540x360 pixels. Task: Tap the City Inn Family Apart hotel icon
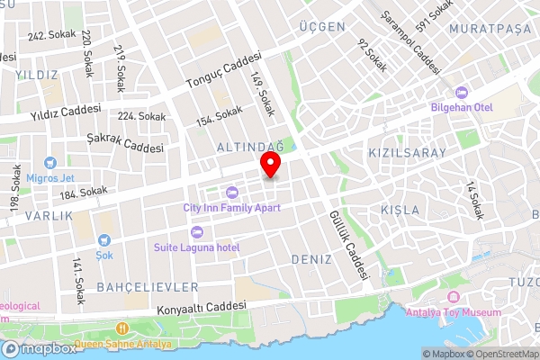[231, 192]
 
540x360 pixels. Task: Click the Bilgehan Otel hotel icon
[463, 93]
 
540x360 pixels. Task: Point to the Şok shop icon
[104, 240]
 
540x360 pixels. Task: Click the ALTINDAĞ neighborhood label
[249, 146]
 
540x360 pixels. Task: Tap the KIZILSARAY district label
[407, 153]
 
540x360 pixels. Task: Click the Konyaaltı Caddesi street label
[202, 306]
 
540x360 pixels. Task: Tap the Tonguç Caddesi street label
[222, 69]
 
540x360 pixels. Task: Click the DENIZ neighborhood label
[312, 258]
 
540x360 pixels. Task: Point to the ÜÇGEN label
[322, 27]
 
